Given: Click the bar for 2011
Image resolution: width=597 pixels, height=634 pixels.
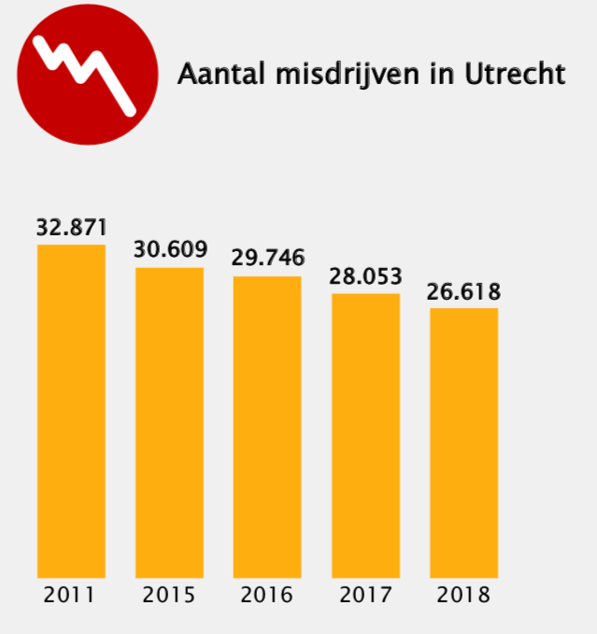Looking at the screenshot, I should click(x=71, y=411).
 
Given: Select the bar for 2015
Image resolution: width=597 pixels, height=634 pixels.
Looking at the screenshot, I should click(x=169, y=422).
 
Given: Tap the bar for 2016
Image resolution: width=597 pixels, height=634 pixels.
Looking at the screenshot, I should click(x=267, y=427).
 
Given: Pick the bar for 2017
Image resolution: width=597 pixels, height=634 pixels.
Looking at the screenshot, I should click(x=365, y=435).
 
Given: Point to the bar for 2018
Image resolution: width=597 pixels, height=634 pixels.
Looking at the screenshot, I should click(x=463, y=442).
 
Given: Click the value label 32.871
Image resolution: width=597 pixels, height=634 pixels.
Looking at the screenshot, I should click(x=72, y=227).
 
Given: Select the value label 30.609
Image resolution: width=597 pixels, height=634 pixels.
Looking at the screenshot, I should click(x=170, y=250).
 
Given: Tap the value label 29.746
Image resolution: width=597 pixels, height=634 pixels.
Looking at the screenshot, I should click(x=268, y=259).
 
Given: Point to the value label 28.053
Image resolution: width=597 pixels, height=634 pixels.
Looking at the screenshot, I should click(x=365, y=276).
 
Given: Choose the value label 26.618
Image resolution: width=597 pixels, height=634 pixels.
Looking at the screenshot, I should click(x=463, y=291).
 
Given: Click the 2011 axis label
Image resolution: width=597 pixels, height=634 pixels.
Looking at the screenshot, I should click(x=70, y=595).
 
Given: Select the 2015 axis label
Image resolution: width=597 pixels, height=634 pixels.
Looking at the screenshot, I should click(x=169, y=595).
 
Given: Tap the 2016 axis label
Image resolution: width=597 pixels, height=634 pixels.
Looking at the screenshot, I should click(x=267, y=595).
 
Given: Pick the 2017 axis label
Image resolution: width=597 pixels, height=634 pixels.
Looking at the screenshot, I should click(x=365, y=595).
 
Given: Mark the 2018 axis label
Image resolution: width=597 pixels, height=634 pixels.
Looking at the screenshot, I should click(x=463, y=595).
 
